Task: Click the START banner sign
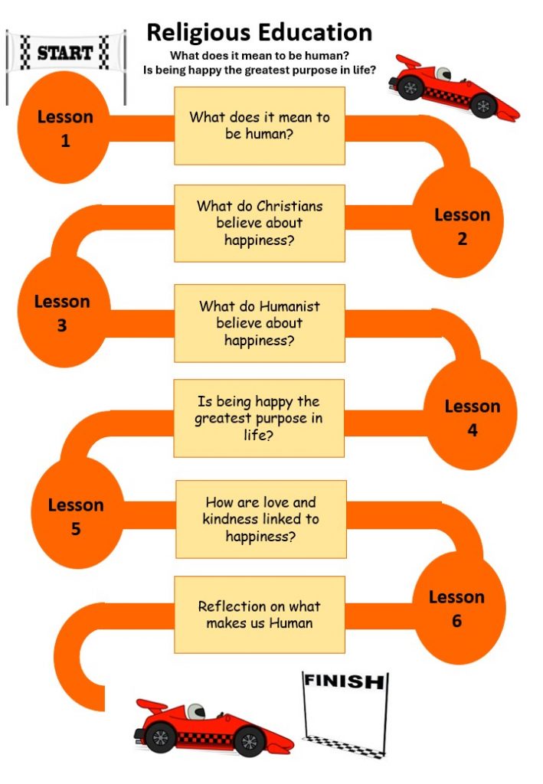click(66, 52)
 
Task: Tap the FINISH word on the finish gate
click(344, 681)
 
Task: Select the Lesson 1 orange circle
click(64, 128)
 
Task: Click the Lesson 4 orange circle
click(470, 414)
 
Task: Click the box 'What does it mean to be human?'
click(260, 126)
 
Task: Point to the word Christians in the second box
click(290, 206)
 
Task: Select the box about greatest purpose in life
click(259, 418)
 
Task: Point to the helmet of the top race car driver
click(443, 73)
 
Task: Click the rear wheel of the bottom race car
click(161, 737)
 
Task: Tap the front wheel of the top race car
click(483, 106)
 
